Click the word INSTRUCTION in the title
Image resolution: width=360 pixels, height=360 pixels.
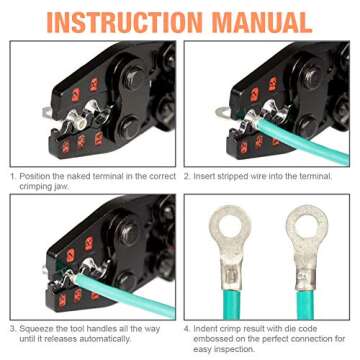[130, 19]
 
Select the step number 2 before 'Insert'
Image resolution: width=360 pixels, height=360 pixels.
[187, 177]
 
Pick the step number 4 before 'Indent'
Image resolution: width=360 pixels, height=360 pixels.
[187, 326]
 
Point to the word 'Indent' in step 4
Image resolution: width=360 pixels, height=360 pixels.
[208, 326]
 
